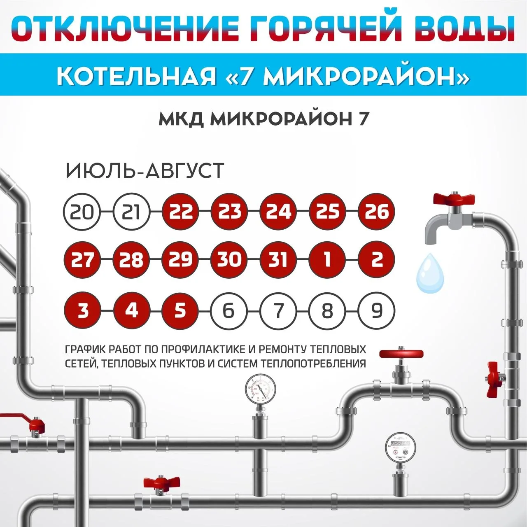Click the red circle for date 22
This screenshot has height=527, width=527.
pos(180,211)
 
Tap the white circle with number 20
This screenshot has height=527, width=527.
pos(82,212)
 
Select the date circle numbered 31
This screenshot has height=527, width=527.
pos(278,259)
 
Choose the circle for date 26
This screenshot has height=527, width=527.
pos(377,211)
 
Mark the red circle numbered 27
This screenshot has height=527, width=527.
pos(82,259)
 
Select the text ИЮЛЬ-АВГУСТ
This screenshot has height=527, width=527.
pos(145,170)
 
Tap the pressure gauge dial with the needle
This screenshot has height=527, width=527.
pos(260,389)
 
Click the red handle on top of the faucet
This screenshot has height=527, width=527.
pos(454,198)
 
